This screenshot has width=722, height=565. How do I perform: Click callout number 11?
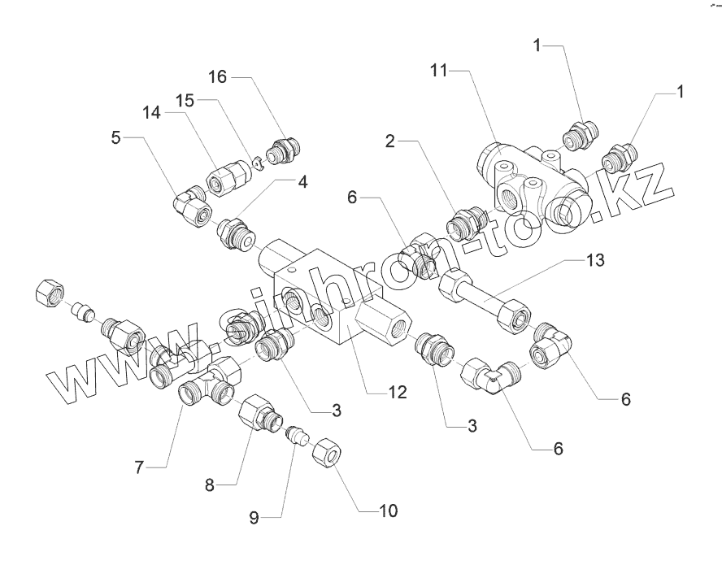pyautogui.click(x=438, y=72)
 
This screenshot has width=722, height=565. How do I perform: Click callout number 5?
pyautogui.click(x=117, y=137)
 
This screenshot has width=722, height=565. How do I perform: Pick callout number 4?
pyautogui.click(x=302, y=182)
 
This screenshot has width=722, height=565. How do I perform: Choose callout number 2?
pyautogui.click(x=390, y=141)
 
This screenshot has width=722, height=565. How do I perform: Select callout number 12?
pyautogui.click(x=396, y=392)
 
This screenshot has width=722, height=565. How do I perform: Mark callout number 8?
pyautogui.click(x=209, y=485)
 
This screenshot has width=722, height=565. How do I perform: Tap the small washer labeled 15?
pyautogui.click(x=256, y=163)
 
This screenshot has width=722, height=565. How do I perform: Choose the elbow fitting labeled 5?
pyautogui.click(x=190, y=203)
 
